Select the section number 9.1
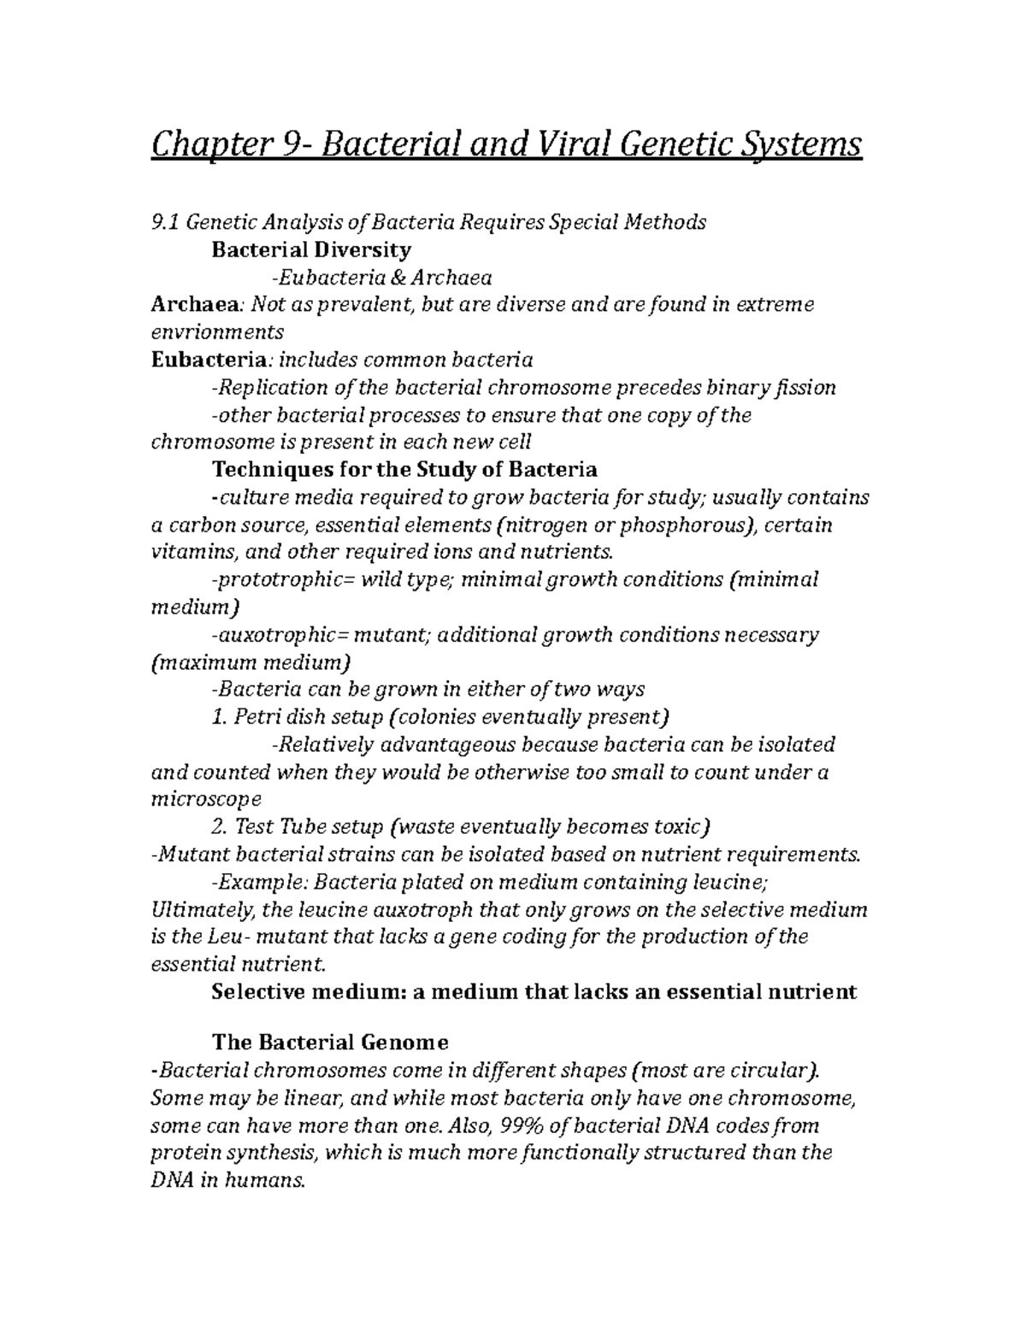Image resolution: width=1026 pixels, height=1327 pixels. pos(165,222)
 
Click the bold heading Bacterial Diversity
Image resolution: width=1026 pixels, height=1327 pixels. pos(311,250)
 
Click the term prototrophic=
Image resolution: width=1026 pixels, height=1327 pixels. pos(278,579)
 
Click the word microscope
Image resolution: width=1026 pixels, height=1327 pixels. pos(206,799)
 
